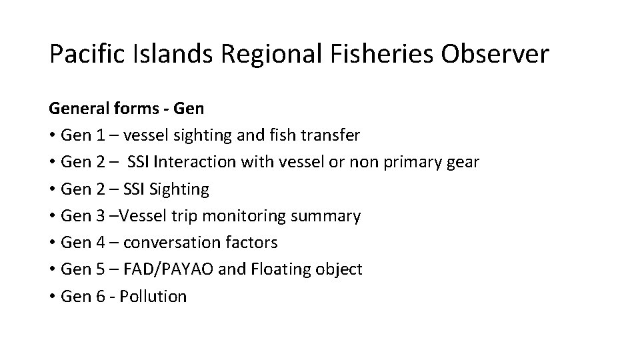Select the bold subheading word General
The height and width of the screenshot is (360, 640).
click(x=77, y=109)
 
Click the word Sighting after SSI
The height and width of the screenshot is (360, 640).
click(x=181, y=189)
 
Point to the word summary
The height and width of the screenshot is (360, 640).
click(x=331, y=216)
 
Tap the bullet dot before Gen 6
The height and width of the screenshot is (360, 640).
click(x=52, y=296)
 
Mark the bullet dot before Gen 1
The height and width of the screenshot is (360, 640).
click(x=52, y=135)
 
